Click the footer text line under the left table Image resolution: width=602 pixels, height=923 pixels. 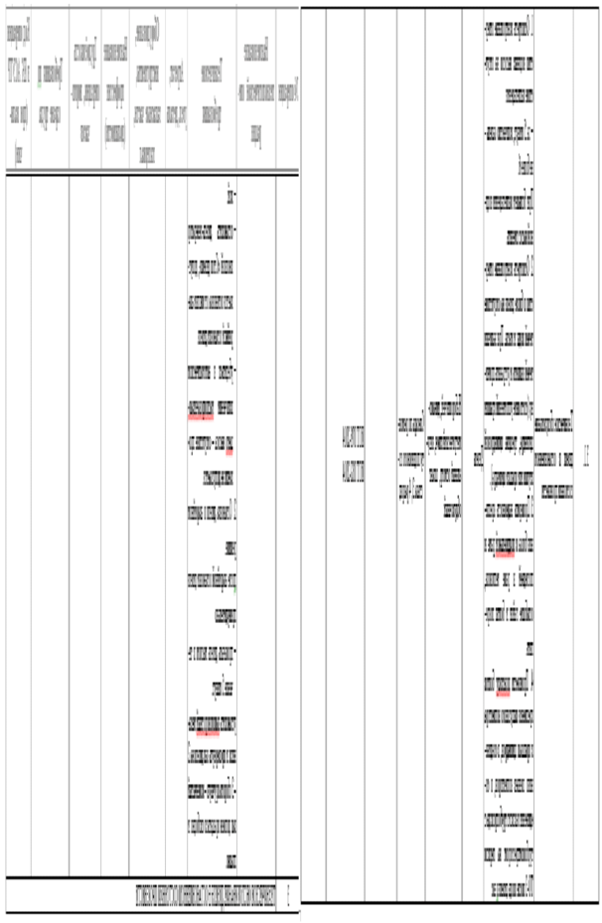pos(205,895)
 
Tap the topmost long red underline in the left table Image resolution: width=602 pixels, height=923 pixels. pos(201,419)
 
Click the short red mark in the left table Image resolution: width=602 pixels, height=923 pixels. pos(228,453)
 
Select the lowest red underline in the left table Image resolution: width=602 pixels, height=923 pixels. pos(207,736)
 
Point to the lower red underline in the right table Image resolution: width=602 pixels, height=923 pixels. pos(503,694)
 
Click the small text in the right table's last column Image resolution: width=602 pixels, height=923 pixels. pos(586,452)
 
